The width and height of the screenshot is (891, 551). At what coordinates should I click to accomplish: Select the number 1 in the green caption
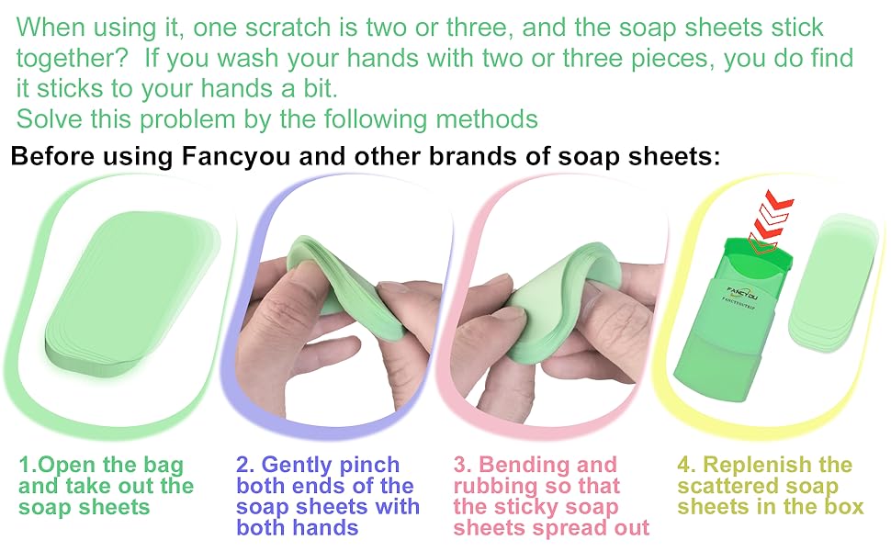pyautogui.click(x=25, y=465)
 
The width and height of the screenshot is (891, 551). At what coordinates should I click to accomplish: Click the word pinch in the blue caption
pyautogui.click(x=369, y=465)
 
